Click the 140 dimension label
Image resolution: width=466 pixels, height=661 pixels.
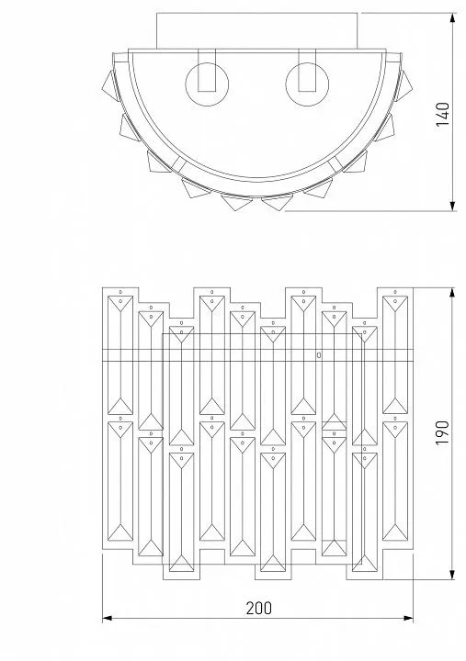pos(443,114)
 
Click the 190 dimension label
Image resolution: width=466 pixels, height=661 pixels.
pos(443,432)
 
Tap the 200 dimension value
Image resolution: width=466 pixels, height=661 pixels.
pos(259,609)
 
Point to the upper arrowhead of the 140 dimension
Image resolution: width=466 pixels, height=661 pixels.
pos(453,18)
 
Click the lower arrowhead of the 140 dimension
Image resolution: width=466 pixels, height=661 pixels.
pos(453,206)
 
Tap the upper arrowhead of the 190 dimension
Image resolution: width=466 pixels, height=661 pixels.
pos(452,294)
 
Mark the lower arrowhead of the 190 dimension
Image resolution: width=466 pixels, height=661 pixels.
pos(452,574)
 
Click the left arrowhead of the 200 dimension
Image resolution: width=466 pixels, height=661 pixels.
pos(108,619)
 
